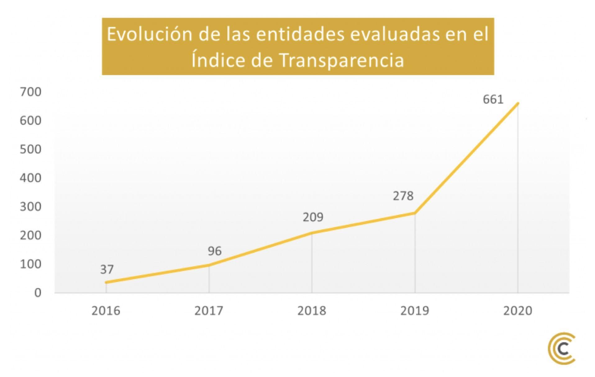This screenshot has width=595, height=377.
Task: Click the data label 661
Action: [493, 99]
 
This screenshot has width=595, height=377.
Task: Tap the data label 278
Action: [403, 196]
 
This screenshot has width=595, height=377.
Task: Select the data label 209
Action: [313, 217]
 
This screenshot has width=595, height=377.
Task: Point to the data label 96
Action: [215, 251]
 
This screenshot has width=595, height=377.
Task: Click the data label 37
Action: [107, 269]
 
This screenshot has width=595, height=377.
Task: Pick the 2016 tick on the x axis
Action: [106, 311]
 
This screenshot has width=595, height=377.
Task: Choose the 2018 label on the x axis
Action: [312, 311]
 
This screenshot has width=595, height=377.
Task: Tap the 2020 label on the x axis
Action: [518, 311]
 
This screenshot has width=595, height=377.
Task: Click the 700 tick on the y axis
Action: [30, 92]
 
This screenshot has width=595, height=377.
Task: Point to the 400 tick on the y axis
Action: [30, 178]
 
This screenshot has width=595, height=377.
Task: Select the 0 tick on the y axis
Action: [38, 293]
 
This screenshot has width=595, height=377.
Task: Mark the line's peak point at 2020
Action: [518, 103]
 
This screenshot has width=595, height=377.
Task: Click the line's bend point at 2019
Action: [415, 213]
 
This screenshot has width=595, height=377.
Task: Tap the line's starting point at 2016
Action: [106, 282]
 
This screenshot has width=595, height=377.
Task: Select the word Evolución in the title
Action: [150, 34]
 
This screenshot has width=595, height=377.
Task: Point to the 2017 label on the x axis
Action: [209, 311]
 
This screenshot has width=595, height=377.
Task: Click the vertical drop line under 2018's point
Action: [312, 264]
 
